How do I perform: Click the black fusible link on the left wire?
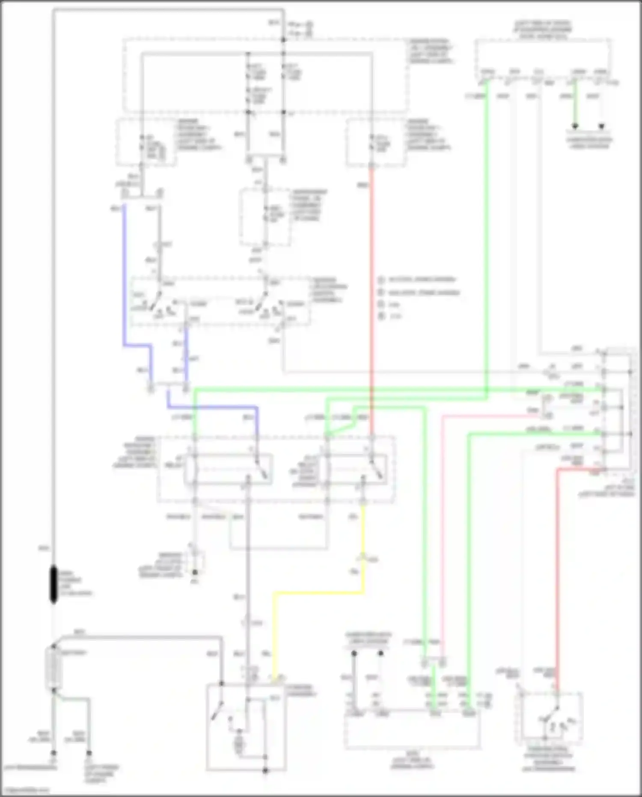(53, 584)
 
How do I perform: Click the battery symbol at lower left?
(53, 668)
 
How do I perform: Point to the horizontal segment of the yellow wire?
(319, 593)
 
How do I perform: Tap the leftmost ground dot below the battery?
(53, 752)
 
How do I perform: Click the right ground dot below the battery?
(89, 752)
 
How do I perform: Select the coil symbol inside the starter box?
(239, 746)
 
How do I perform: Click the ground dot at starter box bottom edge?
(265, 770)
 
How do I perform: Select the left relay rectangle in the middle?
(228, 469)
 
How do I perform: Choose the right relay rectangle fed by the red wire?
(357, 469)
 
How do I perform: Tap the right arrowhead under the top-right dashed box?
(601, 126)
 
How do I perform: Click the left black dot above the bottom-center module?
(354, 654)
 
